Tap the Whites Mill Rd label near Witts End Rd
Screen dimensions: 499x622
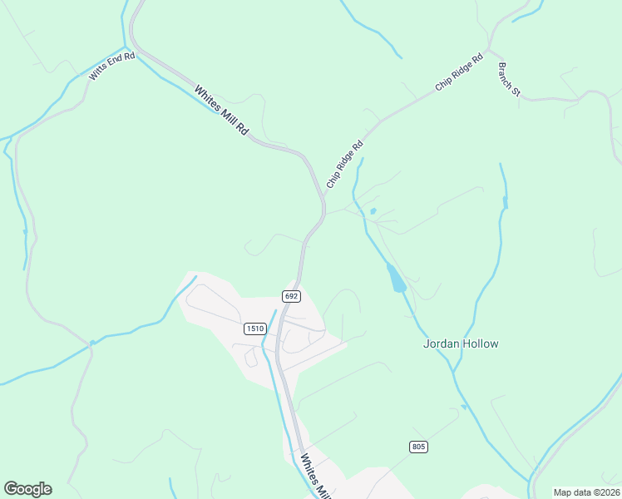[x=222, y=111]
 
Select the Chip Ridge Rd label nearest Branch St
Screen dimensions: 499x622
[x=459, y=73]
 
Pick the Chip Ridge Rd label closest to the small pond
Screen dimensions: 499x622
[x=345, y=163]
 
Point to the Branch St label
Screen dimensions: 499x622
[x=509, y=79]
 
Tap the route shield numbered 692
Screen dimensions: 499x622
[x=291, y=296]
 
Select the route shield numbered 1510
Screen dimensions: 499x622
[x=255, y=329]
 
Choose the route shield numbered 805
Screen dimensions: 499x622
[x=418, y=447]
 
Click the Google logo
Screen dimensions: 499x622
[x=27, y=489]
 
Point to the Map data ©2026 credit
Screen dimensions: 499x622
[x=586, y=492]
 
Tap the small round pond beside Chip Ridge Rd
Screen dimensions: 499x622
[x=373, y=211]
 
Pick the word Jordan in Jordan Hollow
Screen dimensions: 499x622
[x=441, y=343]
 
